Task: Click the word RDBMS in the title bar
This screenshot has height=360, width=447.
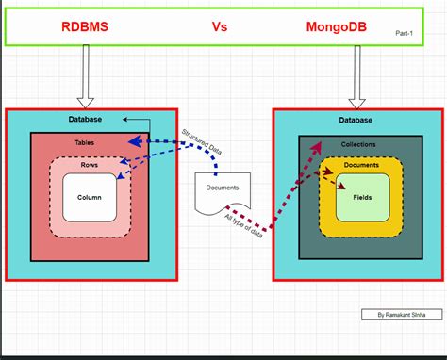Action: click(x=85, y=27)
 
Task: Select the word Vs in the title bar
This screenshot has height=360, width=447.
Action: click(x=219, y=27)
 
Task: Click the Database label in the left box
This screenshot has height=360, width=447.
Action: click(x=85, y=120)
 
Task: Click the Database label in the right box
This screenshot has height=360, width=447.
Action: click(x=354, y=120)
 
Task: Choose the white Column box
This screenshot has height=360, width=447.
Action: click(x=90, y=198)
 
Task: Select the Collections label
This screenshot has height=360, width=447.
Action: click(x=358, y=145)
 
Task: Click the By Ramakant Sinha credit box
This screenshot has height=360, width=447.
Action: click(x=400, y=314)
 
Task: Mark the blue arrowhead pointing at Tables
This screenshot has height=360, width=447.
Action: click(x=135, y=142)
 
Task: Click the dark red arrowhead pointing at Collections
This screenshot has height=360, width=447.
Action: click(x=313, y=149)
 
